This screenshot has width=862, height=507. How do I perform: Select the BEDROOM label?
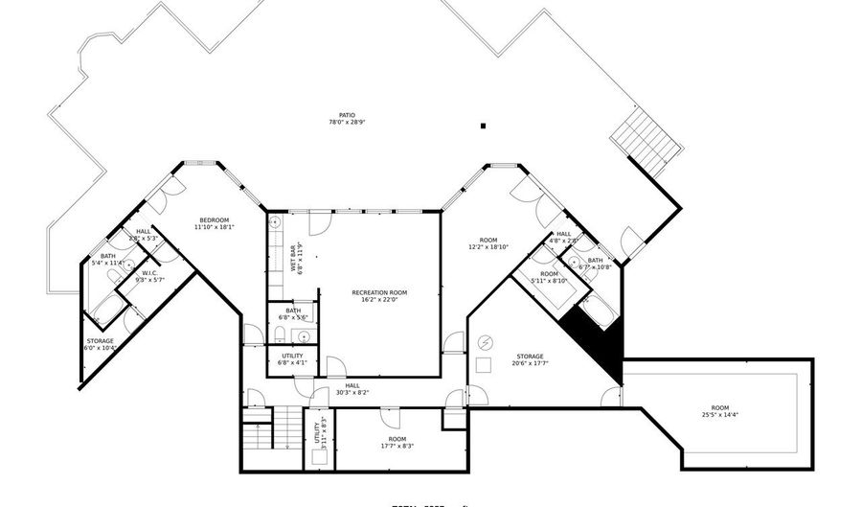[x=215, y=220]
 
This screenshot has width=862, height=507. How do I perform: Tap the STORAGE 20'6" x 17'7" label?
[x=530, y=357]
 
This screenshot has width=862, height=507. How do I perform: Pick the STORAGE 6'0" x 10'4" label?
[x=100, y=341]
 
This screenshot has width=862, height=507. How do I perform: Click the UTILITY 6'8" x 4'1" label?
[x=292, y=356]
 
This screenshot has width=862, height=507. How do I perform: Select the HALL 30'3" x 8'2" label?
[x=352, y=386]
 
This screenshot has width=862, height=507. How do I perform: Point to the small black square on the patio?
[x=484, y=125]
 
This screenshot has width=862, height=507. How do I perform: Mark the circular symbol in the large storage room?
[x=485, y=341]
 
